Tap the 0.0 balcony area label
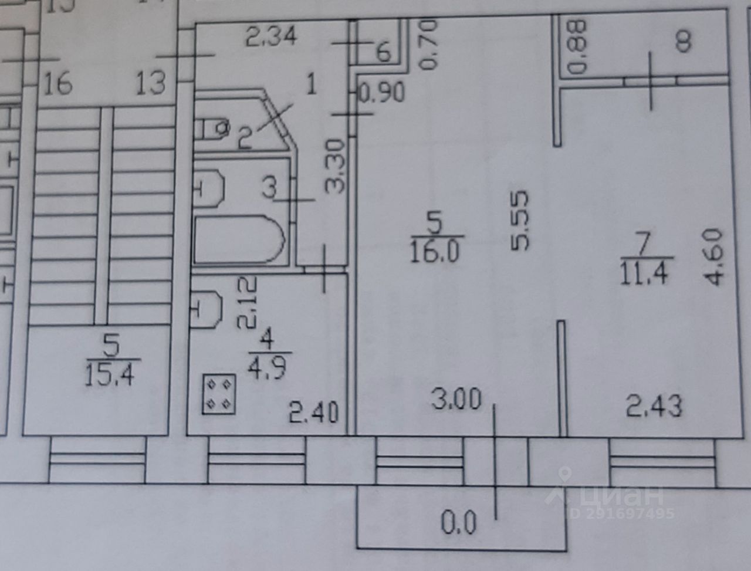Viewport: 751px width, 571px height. point(458,522)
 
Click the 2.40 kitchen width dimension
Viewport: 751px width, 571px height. point(314,413)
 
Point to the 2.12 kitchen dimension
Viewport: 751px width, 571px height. point(248,302)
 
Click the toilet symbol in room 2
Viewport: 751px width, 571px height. point(212,127)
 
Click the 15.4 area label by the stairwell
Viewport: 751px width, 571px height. point(109,374)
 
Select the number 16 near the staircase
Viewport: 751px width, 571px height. point(57,84)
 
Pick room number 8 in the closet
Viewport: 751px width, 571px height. point(683,42)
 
